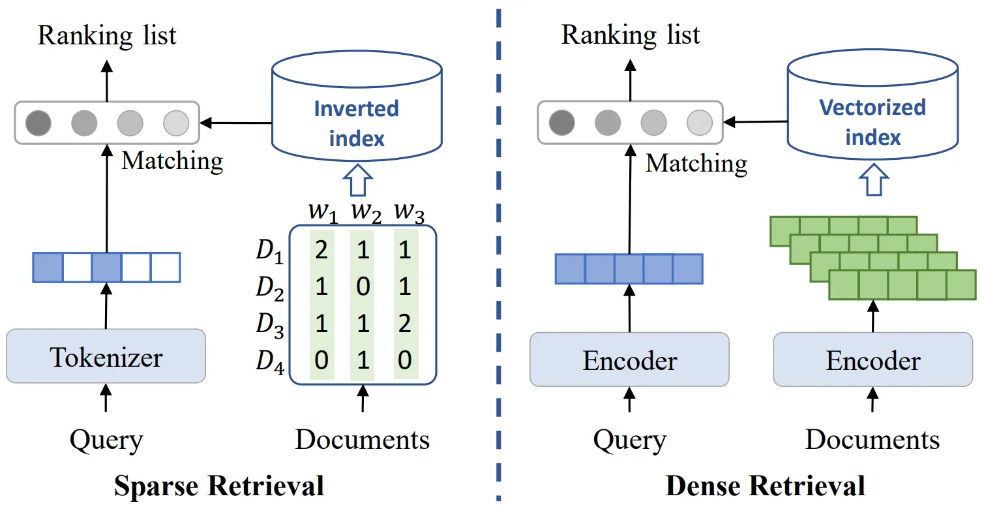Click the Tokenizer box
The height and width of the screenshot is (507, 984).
pyautogui.click(x=106, y=356)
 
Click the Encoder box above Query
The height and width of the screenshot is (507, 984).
pyautogui.click(x=629, y=360)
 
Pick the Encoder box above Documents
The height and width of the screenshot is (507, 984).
pyautogui.click(x=872, y=360)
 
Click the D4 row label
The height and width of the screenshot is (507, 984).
pyautogui.click(x=269, y=361)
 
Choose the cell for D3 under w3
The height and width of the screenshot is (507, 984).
pyautogui.click(x=404, y=324)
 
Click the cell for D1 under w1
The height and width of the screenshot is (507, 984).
pyautogui.click(x=321, y=252)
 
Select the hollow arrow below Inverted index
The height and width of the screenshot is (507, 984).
pyautogui.click(x=357, y=179)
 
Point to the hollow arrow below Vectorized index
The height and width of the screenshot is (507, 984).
pyautogui.click(x=872, y=179)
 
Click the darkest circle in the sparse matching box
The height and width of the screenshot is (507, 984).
pyautogui.click(x=38, y=122)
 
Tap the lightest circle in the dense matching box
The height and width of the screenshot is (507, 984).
pyautogui.click(x=699, y=122)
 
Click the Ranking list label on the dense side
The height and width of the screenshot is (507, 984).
pyautogui.click(x=631, y=35)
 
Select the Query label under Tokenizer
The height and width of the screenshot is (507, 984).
pyautogui.click(x=106, y=440)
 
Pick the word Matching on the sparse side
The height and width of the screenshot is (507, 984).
pyautogui.click(x=172, y=161)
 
